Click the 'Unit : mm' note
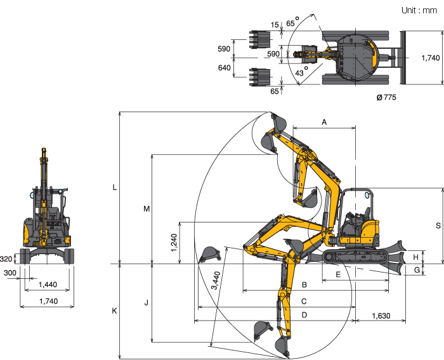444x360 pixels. [x=419, y=10]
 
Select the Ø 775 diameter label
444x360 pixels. [x=386, y=98]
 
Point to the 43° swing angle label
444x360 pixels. [x=301, y=72]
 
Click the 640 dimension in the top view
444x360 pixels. [x=225, y=68]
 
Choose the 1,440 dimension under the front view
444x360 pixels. [x=48, y=285]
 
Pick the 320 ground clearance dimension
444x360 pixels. [x=6, y=259]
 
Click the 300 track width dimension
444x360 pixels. [x=10, y=273]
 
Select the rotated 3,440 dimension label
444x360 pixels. [x=216, y=280]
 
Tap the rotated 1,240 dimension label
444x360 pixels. [x=174, y=243]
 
